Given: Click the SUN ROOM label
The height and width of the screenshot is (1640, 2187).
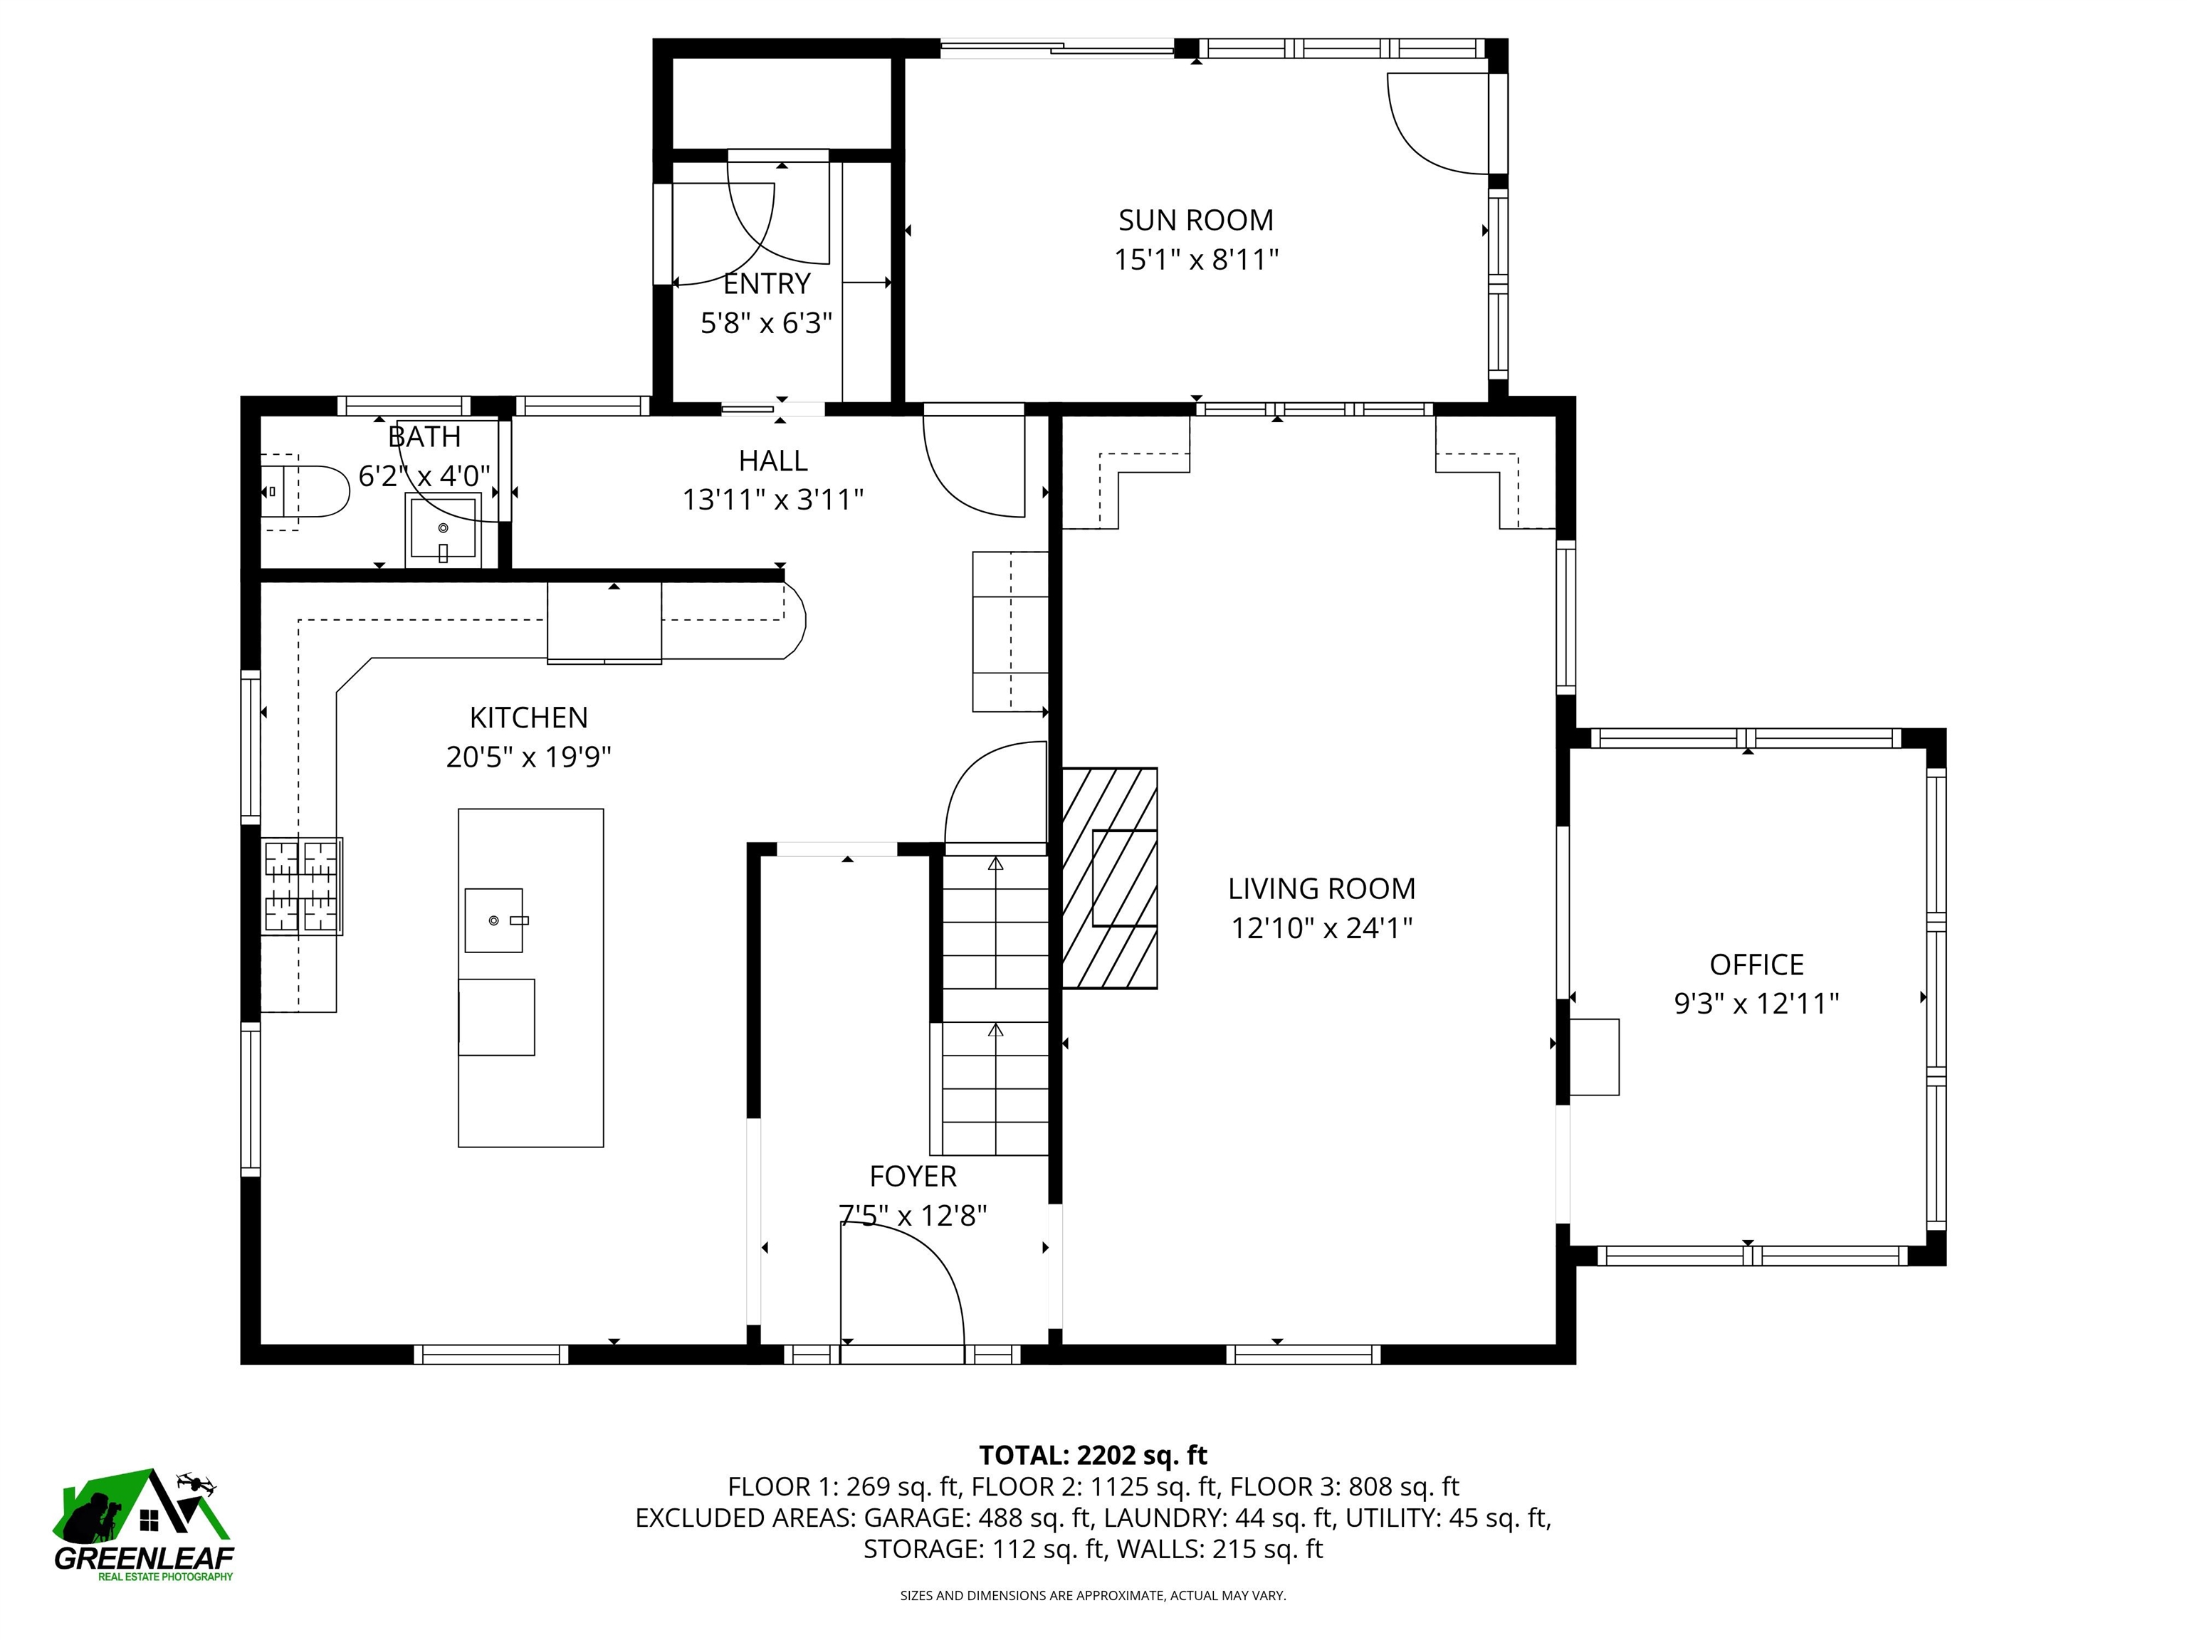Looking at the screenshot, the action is (1195, 219).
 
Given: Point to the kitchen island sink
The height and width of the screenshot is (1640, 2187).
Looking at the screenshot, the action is (493, 920).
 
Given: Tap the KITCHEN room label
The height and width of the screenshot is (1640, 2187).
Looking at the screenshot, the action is (528, 717).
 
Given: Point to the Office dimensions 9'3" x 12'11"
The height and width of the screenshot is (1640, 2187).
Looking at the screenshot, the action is (1756, 1004).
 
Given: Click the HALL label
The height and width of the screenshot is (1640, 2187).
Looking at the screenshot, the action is (773, 460).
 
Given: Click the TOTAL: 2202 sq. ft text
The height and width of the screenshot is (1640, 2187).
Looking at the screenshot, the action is (1093, 1455).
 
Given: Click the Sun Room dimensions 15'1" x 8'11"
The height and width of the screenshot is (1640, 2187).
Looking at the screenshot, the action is (1196, 260).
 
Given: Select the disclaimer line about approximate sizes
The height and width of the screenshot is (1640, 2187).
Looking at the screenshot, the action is (1093, 1594).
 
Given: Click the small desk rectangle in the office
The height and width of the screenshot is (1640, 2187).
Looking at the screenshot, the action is (1594, 1057).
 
